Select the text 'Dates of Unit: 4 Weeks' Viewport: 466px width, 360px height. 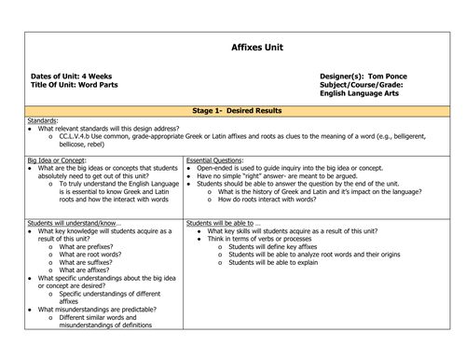(x=71, y=76)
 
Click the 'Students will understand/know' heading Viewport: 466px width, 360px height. (x=71, y=224)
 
